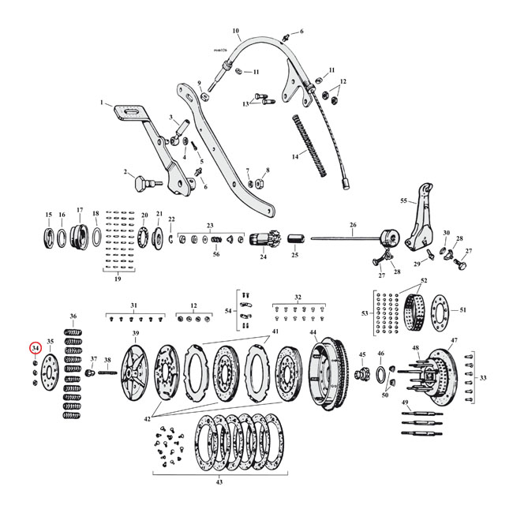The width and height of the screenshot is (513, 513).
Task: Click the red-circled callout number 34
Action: click(x=36, y=348)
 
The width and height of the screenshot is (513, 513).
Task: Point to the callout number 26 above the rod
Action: click(x=352, y=226)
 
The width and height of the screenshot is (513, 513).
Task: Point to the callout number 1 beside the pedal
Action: click(x=102, y=103)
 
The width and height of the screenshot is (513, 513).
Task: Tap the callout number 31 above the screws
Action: click(x=133, y=305)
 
